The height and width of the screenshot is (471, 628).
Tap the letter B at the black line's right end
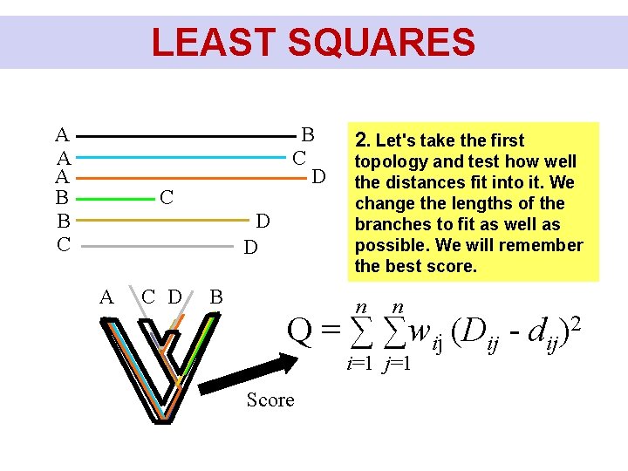coord(307,135)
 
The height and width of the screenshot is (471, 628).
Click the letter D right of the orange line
coord(319,178)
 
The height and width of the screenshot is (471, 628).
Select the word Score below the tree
coord(270,400)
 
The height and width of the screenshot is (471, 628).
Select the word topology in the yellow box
coord(391,161)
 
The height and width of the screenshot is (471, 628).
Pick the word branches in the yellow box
coord(391,224)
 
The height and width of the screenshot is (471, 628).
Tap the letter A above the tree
coord(106,297)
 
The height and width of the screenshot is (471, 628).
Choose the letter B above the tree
coord(216,297)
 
